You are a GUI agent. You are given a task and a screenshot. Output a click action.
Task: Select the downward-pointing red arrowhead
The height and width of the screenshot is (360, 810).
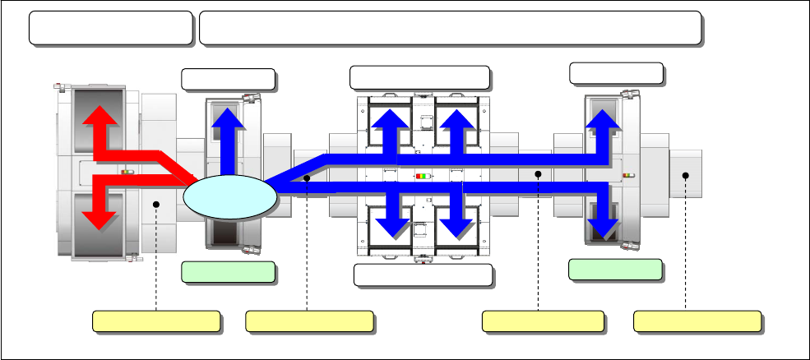(x=100, y=217)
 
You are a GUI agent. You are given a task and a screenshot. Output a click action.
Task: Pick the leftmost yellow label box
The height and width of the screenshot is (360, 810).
(x=155, y=321)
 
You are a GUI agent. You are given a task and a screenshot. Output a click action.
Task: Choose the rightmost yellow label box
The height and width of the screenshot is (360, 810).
(x=697, y=321)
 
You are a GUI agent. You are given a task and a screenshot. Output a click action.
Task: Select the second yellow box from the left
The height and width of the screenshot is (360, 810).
(x=309, y=321)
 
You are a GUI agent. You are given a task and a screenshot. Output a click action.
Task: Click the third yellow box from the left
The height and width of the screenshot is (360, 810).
(x=542, y=321)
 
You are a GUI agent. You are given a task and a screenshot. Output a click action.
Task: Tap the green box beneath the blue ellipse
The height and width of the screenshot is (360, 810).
(x=227, y=272)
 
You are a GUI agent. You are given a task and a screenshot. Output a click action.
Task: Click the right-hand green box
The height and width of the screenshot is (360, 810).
(x=615, y=270)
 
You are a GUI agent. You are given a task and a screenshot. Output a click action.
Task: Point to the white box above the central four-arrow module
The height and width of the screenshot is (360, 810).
(x=419, y=77)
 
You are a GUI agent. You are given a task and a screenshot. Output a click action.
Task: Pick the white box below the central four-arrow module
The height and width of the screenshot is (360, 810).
(x=423, y=275)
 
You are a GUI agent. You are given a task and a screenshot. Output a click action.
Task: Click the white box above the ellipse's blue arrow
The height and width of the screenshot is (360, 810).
(x=227, y=79)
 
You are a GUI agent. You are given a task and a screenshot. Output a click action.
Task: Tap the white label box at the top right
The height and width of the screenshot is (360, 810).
(x=616, y=73)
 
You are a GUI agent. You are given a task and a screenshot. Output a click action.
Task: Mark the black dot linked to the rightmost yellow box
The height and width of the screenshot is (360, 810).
(x=685, y=174)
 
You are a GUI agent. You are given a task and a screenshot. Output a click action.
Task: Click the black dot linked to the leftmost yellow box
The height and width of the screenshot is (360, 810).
(x=155, y=203)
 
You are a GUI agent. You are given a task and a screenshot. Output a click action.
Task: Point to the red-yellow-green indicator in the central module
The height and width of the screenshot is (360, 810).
(x=422, y=176)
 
